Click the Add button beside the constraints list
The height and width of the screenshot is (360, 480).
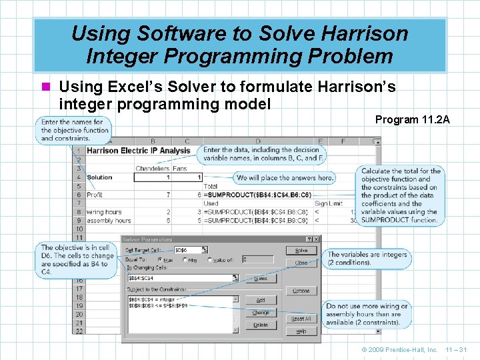tap(261, 301)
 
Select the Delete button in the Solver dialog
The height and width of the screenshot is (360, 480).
tap(261, 325)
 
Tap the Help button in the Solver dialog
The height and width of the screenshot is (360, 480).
tap(301, 331)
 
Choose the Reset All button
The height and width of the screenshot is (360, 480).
tap(301, 319)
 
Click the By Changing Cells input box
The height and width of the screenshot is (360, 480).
tap(181, 278)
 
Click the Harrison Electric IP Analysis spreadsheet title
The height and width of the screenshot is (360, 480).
tap(138, 151)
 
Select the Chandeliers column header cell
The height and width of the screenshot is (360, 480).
tap(152, 169)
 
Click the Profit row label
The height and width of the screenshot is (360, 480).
tap(96, 195)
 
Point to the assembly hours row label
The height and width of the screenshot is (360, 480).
tap(109, 220)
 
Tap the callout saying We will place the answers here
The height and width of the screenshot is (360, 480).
tap(284, 178)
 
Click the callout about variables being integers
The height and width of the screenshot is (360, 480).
tap(367, 258)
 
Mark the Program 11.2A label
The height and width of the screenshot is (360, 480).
tap(412, 120)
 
